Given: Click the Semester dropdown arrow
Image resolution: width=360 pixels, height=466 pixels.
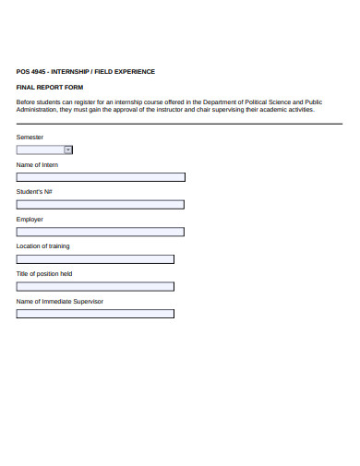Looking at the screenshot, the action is pyautogui.click(x=68, y=149).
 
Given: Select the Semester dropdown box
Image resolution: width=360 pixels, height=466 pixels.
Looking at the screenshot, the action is pyautogui.click(x=41, y=149).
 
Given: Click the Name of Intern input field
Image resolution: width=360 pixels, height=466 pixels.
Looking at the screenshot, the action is pyautogui.click(x=101, y=177).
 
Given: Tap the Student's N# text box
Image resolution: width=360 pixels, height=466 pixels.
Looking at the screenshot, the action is pyautogui.click(x=101, y=205).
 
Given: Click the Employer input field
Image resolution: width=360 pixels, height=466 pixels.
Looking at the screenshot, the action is pyautogui.click(x=101, y=232).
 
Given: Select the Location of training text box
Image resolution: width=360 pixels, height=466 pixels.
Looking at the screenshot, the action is pyautogui.click(x=95, y=259).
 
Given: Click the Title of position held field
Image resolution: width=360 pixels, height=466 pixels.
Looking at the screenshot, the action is pyautogui.click(x=95, y=286).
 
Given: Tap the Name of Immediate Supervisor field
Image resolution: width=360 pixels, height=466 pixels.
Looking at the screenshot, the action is pyautogui.click(x=95, y=314).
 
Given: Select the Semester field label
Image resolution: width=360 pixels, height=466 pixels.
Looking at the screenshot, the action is pyautogui.click(x=30, y=137).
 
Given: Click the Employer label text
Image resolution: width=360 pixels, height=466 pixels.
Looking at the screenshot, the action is pyautogui.click(x=30, y=219).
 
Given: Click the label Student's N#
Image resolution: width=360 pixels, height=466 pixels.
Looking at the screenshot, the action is pyautogui.click(x=33, y=191).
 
